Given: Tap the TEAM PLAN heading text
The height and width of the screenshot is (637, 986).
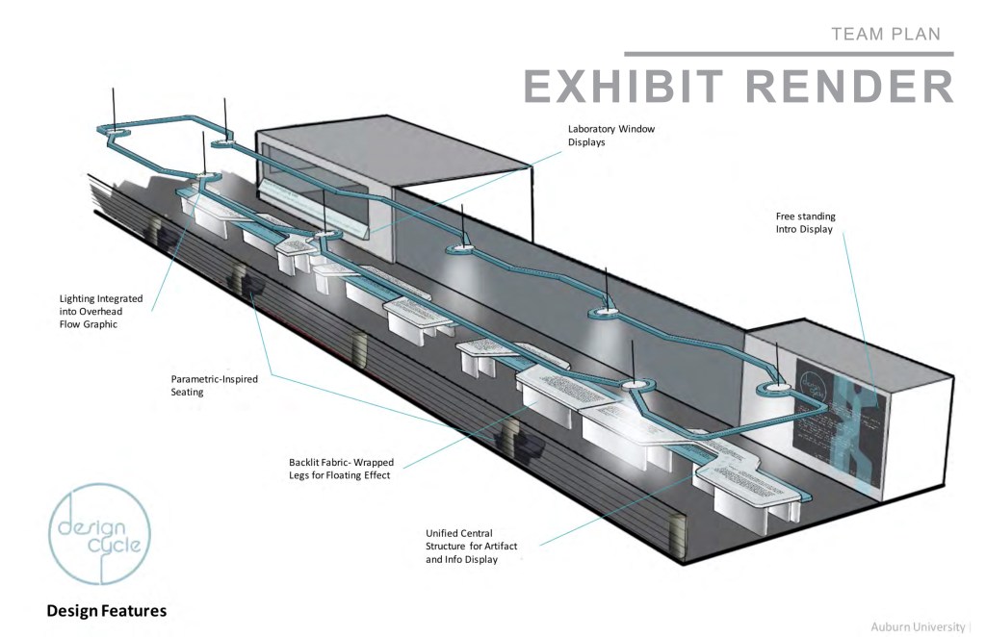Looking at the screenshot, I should click(x=885, y=35).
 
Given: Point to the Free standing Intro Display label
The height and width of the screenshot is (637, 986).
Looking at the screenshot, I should click(x=806, y=223).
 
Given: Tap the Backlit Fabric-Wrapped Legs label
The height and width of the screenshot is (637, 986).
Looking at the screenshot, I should click(x=341, y=469).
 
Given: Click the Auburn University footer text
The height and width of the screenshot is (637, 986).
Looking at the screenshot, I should click(x=921, y=626).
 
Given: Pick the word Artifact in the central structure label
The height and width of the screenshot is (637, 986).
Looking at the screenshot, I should click(x=498, y=546).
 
